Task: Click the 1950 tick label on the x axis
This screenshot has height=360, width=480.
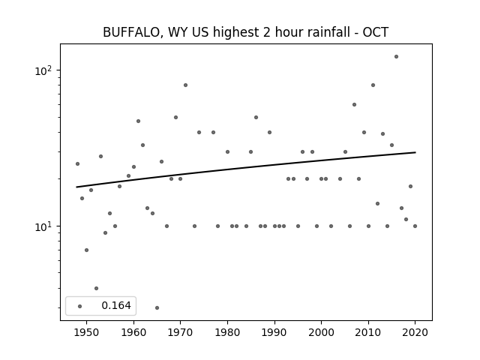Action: (87, 332)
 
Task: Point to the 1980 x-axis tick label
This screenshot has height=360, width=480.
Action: (227, 332)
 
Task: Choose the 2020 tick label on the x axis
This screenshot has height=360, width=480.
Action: (415, 332)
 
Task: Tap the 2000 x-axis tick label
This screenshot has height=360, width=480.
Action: (321, 332)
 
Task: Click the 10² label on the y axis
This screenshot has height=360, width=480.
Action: (43, 70)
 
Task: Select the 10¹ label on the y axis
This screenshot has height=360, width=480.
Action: (43, 226)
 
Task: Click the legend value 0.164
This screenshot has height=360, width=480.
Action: (116, 305)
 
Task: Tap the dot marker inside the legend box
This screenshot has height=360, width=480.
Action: (80, 306)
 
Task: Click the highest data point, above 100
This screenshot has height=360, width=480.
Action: (397, 57)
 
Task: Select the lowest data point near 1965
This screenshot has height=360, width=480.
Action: (157, 307)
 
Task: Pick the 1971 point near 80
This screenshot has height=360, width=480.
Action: (185, 85)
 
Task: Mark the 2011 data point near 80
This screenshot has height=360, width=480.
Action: (373, 85)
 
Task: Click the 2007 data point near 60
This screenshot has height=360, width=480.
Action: (354, 105)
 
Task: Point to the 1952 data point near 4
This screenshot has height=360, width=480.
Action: (96, 288)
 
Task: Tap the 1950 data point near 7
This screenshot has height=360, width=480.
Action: (87, 250)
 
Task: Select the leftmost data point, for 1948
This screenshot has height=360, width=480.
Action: (77, 163)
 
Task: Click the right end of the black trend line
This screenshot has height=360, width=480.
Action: (415, 152)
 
